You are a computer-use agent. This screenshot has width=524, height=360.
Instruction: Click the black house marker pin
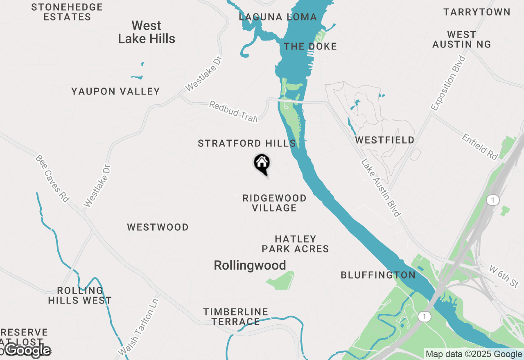(x=262, y=164)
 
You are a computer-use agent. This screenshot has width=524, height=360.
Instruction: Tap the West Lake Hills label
(x=147, y=32)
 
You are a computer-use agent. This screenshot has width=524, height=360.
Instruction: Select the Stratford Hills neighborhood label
(x=246, y=144)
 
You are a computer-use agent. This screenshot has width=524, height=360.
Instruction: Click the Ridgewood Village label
(x=274, y=203)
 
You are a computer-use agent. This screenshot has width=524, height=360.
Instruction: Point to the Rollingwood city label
(x=250, y=265)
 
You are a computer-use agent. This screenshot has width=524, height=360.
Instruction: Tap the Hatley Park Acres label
(x=295, y=244)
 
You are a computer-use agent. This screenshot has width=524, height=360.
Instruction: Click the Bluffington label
(x=378, y=275)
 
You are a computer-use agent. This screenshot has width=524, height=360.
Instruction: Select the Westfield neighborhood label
(x=384, y=140)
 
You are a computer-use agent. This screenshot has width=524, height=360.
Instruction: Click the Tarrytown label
(x=477, y=12)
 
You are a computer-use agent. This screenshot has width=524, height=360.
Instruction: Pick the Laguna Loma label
(x=278, y=17)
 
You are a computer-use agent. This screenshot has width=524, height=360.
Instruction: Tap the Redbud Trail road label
(x=233, y=111)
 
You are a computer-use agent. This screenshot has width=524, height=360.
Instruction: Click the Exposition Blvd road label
(x=449, y=83)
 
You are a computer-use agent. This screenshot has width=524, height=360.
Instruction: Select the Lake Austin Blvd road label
(x=380, y=188)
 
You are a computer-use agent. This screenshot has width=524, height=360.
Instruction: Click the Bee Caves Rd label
(x=52, y=178)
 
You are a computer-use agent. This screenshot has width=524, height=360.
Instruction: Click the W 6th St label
(x=504, y=276)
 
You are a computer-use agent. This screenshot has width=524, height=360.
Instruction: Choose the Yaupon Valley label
(x=115, y=91)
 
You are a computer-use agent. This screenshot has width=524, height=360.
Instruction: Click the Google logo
(x=27, y=351)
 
